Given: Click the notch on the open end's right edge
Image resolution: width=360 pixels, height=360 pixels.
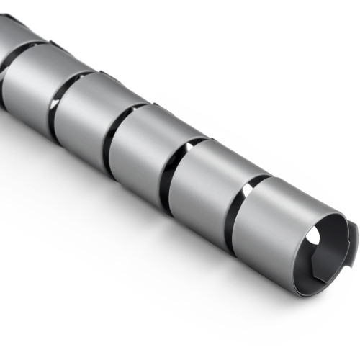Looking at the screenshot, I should [354, 230].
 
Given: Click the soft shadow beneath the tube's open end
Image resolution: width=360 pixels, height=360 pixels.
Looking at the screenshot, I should [274, 317].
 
